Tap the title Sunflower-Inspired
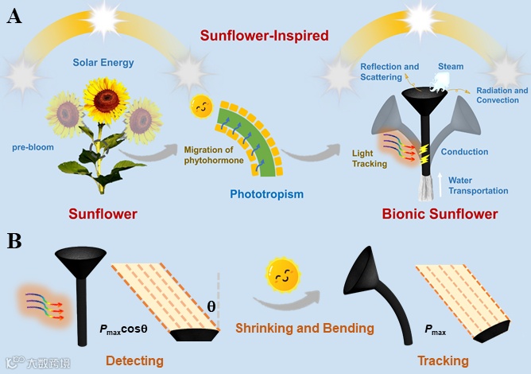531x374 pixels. tap(264, 35)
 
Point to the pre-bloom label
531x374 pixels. tap(34, 147)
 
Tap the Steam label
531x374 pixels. tap(452, 66)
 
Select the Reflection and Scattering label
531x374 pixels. tap(390, 71)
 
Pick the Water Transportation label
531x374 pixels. tap(478, 185)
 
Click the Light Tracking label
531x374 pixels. tap(369, 158)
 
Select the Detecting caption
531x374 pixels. tap(134, 361)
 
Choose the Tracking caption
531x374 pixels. tap(443, 361)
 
